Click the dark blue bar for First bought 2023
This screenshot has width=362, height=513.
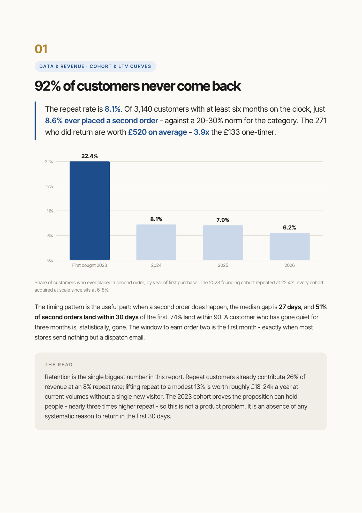(x=89, y=211)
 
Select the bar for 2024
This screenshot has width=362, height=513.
(x=156, y=242)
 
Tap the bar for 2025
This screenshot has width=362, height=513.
(x=223, y=243)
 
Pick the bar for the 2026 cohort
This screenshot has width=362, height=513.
(x=290, y=247)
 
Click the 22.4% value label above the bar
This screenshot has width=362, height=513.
(x=89, y=156)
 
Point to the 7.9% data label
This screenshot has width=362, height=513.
(x=223, y=220)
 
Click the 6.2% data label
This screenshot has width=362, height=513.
(x=290, y=228)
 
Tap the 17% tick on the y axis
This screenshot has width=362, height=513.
(x=49, y=186)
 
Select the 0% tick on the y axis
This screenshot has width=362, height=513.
(x=50, y=260)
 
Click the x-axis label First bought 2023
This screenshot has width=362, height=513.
(x=89, y=265)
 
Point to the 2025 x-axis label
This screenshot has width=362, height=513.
(x=223, y=265)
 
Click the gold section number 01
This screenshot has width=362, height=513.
(x=41, y=49)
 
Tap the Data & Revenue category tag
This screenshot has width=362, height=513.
(x=95, y=66)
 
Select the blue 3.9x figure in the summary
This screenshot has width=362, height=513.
(x=201, y=132)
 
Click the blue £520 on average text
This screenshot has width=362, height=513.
(x=157, y=132)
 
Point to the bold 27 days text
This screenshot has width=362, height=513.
(x=290, y=307)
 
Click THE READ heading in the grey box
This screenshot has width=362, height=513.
(x=59, y=365)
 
